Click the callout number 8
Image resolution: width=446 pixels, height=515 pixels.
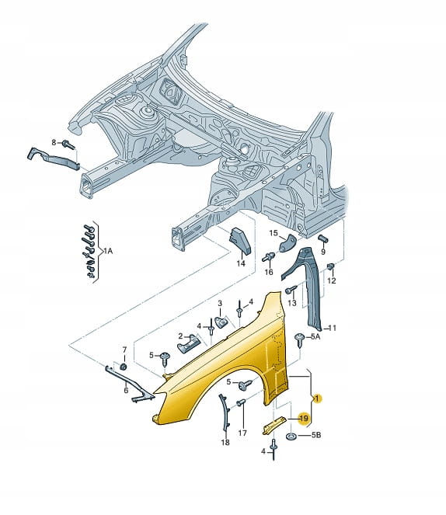click(54, 143)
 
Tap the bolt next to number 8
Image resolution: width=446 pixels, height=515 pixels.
click(68, 144)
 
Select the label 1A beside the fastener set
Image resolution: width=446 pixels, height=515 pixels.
click(108, 251)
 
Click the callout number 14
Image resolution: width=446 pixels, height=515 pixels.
click(241, 263)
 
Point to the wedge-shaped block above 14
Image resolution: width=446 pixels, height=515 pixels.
click(240, 241)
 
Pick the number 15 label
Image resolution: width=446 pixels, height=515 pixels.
click(274, 233)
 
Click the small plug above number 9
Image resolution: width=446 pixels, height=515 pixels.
click(323, 238)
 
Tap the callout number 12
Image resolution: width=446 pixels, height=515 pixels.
click(332, 280)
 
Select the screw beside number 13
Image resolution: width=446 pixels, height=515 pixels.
click(291, 290)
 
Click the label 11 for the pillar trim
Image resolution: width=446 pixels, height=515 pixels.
click(333, 328)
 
